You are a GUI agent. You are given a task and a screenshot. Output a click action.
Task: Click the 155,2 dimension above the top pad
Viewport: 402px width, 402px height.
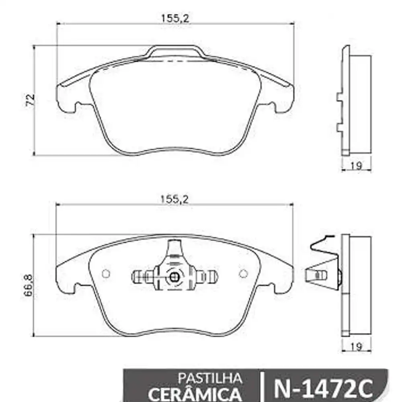175,18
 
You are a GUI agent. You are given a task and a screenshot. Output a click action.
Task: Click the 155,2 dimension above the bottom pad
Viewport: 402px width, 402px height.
175,198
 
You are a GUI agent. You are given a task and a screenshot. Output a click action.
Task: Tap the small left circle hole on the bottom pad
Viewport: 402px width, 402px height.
106,273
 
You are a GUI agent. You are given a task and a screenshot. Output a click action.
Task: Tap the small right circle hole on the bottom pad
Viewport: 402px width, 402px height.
243,273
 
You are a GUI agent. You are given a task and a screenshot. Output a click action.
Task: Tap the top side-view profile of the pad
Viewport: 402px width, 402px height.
356,100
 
